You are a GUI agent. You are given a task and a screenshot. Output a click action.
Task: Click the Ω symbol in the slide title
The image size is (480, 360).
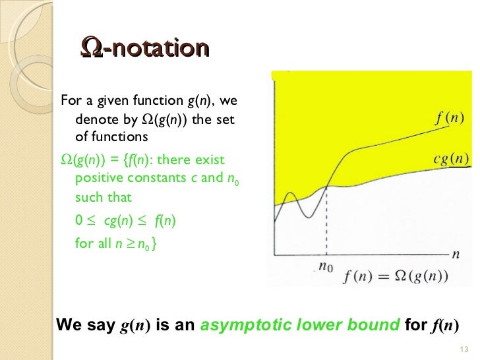click(90, 48)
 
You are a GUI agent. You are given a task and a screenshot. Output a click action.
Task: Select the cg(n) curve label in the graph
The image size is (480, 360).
click(452, 158)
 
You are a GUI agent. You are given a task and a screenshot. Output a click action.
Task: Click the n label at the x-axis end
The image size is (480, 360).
click(456, 253)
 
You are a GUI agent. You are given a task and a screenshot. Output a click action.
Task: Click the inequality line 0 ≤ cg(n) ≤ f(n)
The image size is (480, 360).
click(125, 220)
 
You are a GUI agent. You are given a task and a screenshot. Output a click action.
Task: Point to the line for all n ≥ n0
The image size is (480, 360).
click(115, 243)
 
